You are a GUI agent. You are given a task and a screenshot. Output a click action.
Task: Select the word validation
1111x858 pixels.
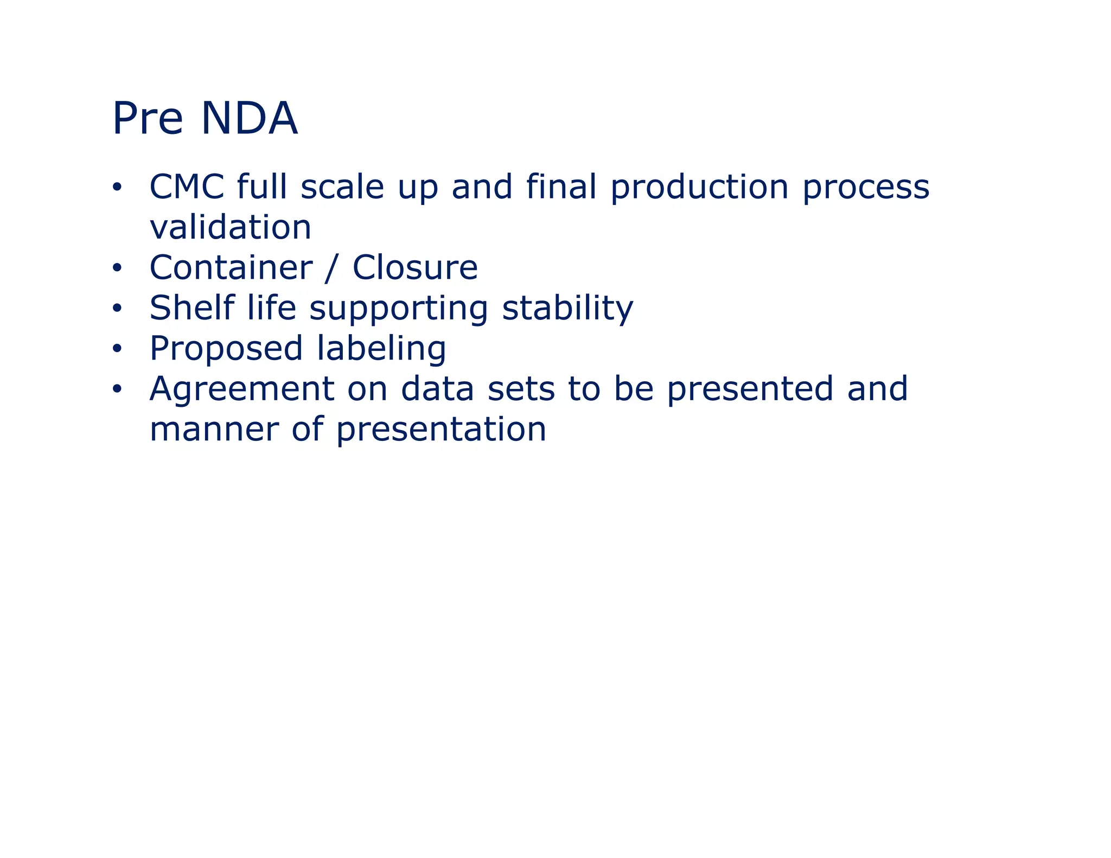pos(231,227)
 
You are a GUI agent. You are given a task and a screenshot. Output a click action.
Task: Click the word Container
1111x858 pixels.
pos(231,267)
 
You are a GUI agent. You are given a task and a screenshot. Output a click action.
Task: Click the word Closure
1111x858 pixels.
pos(415,267)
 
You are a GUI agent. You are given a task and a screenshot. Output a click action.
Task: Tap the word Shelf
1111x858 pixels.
pos(191,308)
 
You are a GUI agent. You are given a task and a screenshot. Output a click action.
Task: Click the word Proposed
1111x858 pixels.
pos(226,349)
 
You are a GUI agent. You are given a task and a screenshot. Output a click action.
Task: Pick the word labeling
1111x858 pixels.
pos(381,349)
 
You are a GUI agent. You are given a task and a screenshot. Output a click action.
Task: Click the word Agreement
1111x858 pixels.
pos(242,389)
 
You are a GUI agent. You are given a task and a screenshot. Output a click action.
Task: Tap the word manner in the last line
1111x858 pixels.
pos(214,430)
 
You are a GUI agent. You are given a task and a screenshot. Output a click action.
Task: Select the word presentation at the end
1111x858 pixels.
pos(440,430)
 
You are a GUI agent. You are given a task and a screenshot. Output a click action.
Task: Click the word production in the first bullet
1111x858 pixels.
pos(699,188)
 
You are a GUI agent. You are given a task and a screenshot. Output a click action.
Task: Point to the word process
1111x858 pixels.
pos(866,188)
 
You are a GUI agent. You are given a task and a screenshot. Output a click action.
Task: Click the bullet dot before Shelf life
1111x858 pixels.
pos(117,309)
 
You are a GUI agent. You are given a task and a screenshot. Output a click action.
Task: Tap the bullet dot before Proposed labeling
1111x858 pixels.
pos(117,349)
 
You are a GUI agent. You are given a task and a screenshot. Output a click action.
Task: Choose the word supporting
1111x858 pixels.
pos(399,309)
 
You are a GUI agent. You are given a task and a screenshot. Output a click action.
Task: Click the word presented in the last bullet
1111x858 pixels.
pos(750,389)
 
